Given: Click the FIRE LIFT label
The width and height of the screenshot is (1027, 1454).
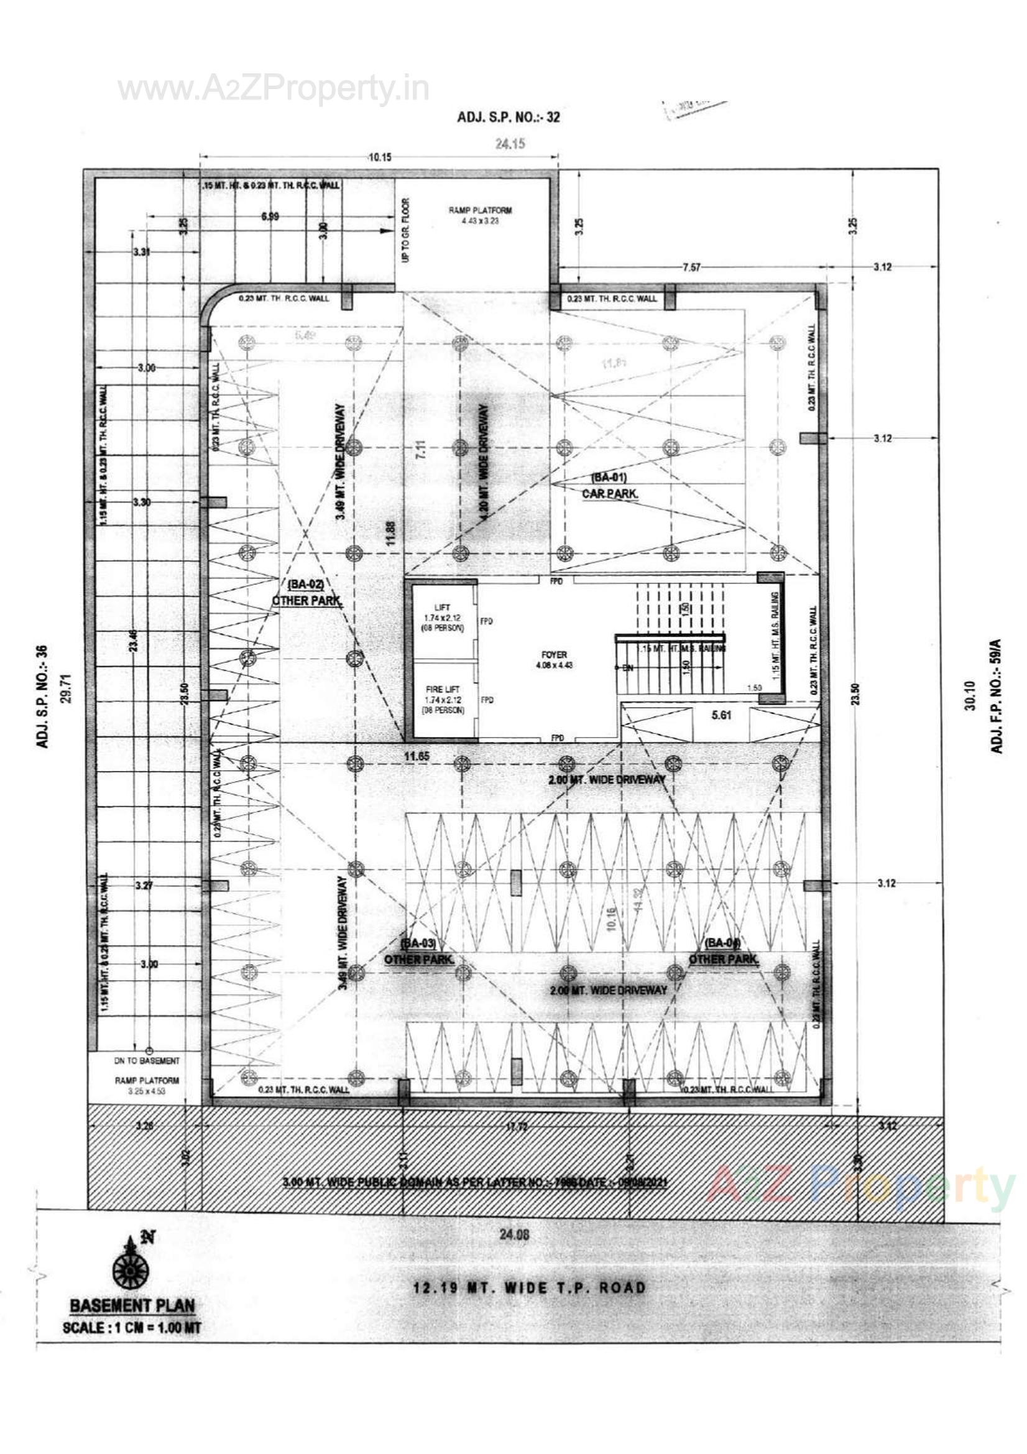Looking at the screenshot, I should (443, 689).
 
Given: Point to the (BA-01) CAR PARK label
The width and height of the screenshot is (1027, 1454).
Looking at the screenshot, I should (609, 486).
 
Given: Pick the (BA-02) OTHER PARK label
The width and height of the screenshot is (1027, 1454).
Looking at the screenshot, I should (306, 593).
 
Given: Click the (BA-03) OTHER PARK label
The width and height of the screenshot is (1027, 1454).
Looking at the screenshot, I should (419, 951).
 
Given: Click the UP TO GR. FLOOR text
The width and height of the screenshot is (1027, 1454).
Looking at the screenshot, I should (406, 230).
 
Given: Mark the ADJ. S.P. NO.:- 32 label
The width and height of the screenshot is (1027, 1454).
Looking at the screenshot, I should (509, 117).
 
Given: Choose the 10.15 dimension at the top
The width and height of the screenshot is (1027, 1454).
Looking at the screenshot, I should (379, 157).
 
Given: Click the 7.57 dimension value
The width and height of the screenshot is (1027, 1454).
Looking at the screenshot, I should (691, 267).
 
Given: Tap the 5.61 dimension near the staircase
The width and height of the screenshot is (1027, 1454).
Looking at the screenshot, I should (721, 715).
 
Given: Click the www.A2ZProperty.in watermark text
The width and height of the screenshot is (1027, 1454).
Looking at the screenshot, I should (274, 90).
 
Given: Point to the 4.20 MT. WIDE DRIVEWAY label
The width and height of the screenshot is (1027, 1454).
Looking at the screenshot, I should (484, 462).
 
